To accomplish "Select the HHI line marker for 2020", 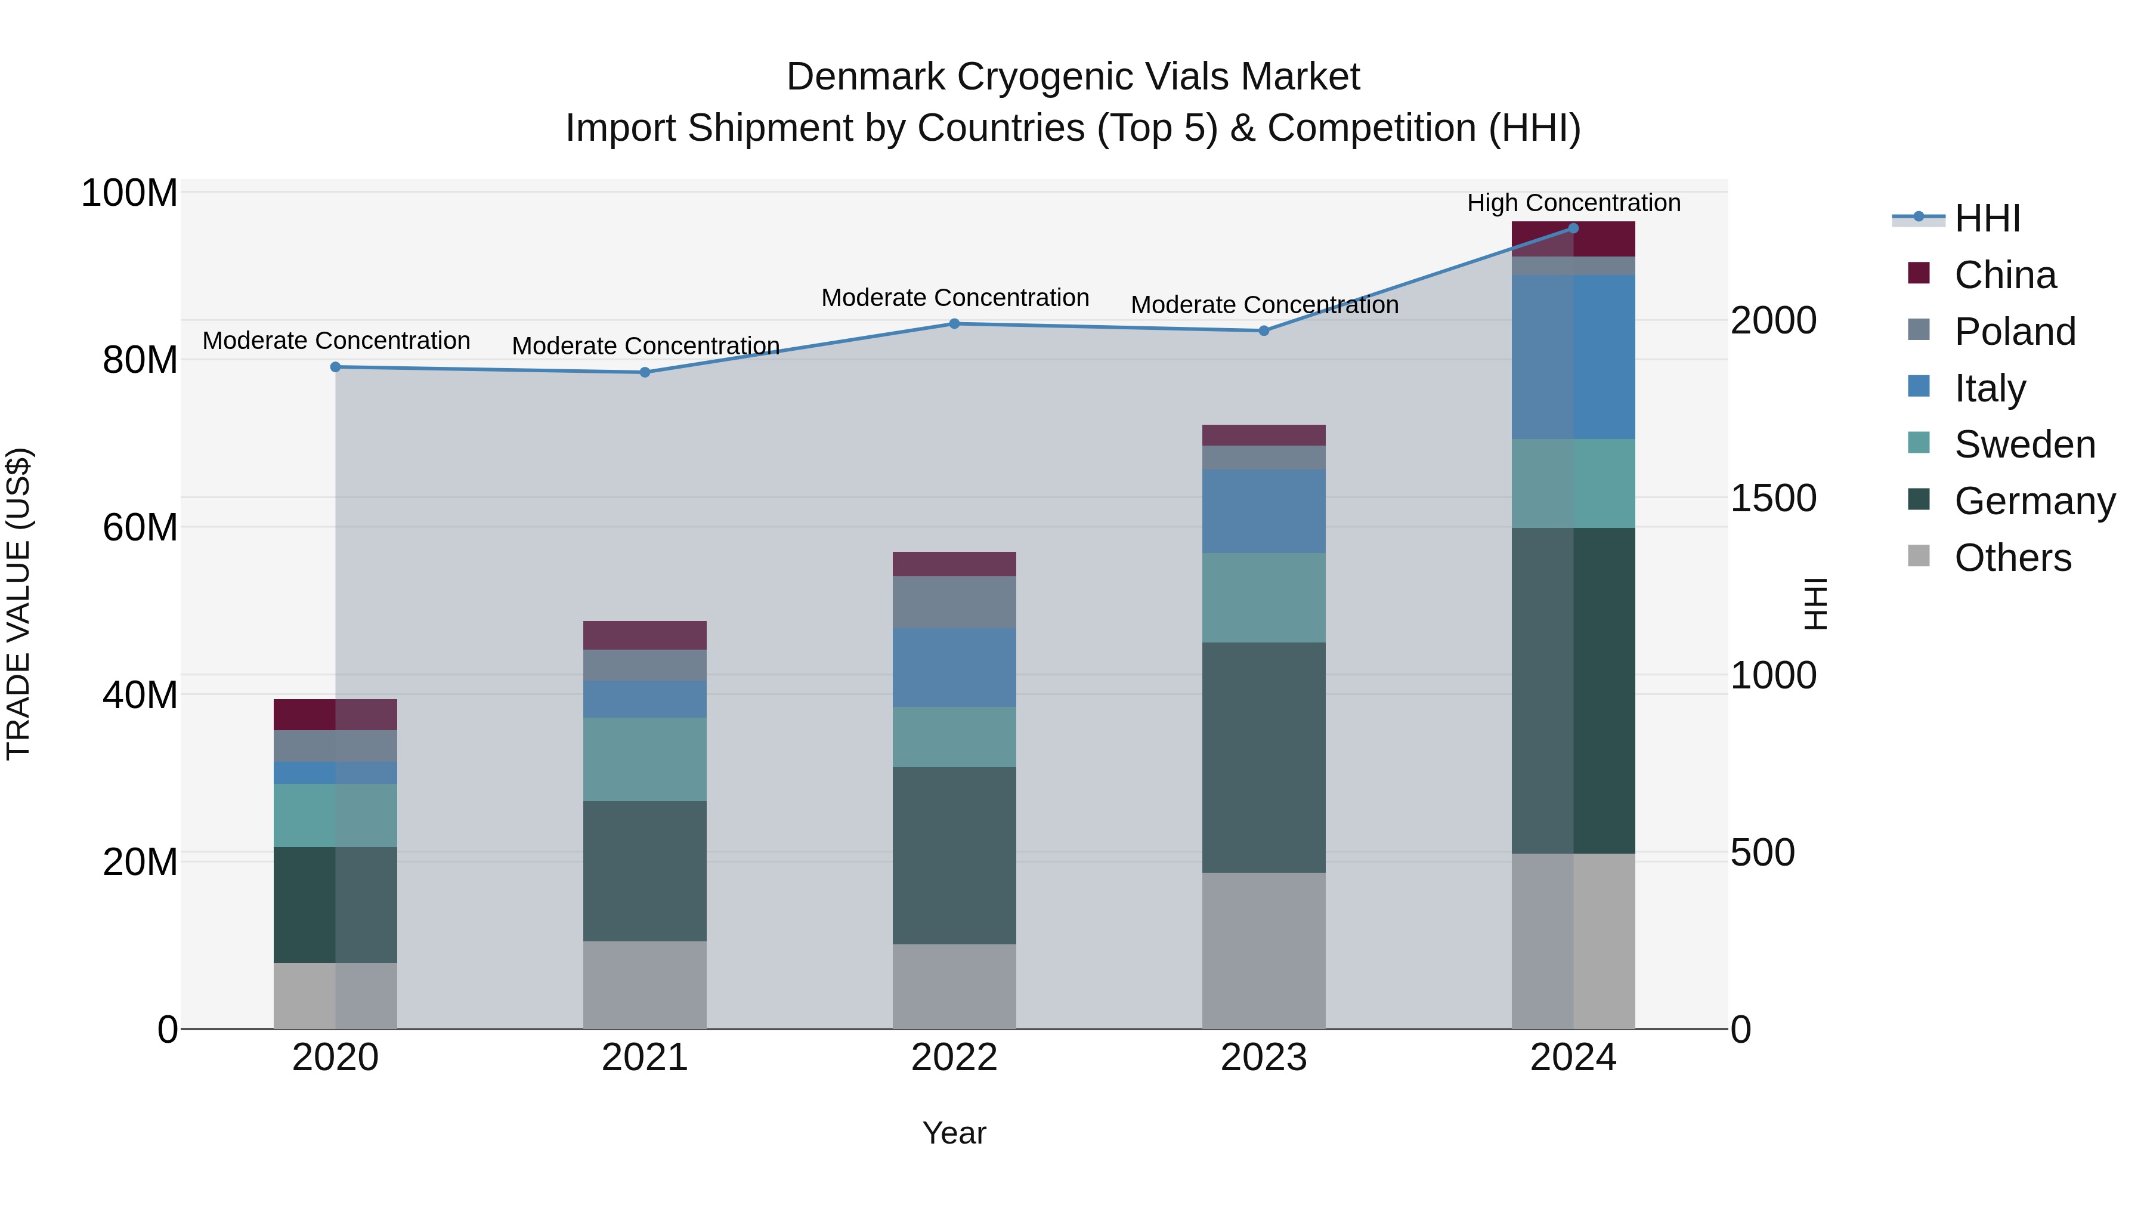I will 335,367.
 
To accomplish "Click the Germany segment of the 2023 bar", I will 1264,757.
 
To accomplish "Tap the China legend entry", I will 2004,275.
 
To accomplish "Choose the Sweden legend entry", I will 2024,444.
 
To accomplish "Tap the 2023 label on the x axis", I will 1264,1058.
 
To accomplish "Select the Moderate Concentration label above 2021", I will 645,345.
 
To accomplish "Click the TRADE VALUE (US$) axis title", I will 18,604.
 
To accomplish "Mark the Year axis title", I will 954,1133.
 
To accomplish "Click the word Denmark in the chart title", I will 866,77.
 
